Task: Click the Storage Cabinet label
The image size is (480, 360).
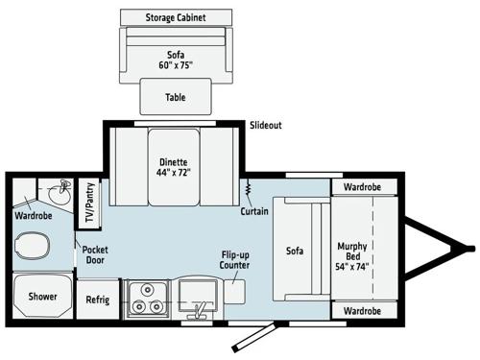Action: point(175,18)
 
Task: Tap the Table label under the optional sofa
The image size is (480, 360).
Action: point(175,96)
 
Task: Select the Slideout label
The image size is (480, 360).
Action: point(266,126)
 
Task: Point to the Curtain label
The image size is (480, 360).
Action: point(255,210)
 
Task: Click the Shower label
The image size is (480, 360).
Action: point(41,298)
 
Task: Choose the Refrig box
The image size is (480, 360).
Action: point(97,299)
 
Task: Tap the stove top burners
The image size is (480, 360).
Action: point(146,298)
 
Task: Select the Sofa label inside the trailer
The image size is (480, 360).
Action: point(295,252)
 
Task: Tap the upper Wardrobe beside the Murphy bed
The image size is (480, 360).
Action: point(362,188)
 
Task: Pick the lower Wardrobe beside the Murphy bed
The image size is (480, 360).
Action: point(362,311)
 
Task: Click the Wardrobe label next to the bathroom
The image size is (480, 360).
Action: point(33,215)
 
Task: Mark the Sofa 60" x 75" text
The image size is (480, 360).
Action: point(175,59)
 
